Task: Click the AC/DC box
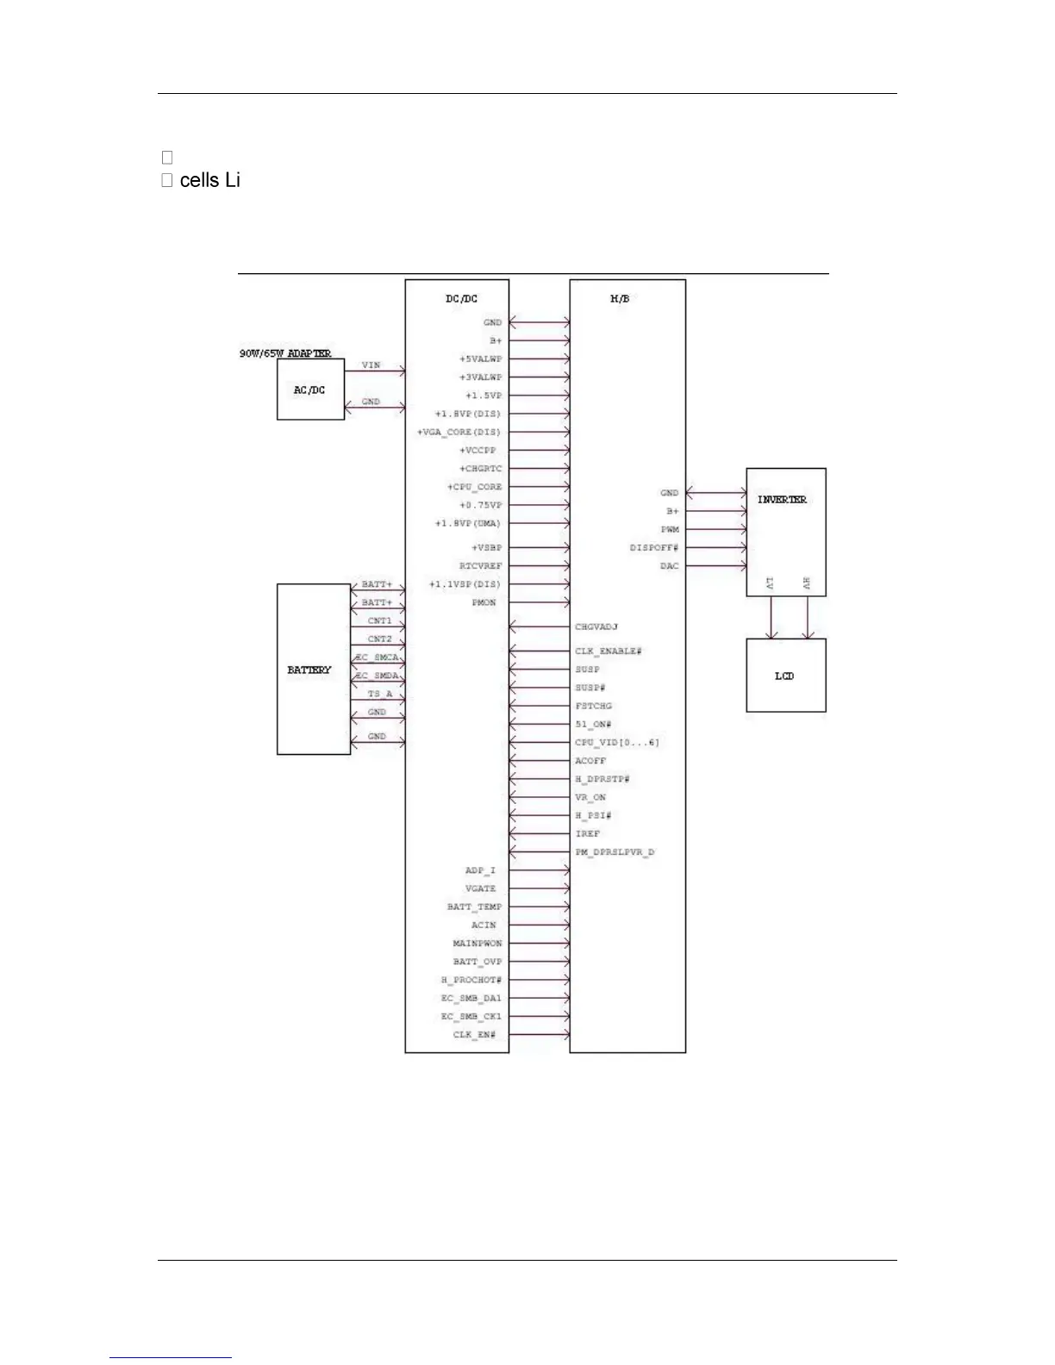[310, 390]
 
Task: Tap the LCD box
[785, 676]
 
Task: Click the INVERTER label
[782, 500]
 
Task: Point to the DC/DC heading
[461, 299]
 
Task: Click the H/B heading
[619, 299]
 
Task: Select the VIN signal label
[371, 365]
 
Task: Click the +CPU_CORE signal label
[474, 487]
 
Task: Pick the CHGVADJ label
[596, 627]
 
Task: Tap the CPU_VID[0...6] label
[617, 743]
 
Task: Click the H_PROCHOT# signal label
[471, 980]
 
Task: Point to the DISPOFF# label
[653, 548]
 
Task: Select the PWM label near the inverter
[670, 530]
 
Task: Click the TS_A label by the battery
[379, 694]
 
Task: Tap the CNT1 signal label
[379, 620]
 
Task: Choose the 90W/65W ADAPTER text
[285, 353]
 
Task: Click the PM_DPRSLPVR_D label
[615, 852]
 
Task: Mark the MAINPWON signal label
[478, 944]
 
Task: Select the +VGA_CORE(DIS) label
[459, 432]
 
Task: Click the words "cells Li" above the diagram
[209, 180]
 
